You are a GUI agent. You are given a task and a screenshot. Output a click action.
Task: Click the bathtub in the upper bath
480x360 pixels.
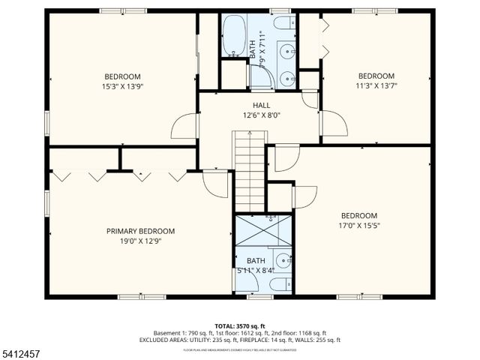[234, 34]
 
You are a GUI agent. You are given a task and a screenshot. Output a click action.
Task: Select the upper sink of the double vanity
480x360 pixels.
[287, 51]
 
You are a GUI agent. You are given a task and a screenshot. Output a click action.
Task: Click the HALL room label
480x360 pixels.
[261, 106]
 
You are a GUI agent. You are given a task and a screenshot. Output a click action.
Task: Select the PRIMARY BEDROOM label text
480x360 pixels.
[140, 231]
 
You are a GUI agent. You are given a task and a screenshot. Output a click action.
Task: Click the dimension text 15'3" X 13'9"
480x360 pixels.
[122, 86]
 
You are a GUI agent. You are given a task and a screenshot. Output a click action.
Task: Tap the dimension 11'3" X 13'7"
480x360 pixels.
[376, 85]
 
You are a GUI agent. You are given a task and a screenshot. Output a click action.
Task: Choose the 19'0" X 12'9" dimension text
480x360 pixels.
[140, 241]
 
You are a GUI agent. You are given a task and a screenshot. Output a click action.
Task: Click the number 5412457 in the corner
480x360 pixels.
[22, 351]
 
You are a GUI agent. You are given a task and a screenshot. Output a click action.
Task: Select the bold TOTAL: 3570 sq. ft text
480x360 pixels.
[239, 325]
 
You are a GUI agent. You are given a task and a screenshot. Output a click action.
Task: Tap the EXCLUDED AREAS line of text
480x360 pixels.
[239, 340]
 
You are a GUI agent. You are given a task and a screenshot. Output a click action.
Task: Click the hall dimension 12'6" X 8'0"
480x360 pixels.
[261, 115]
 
